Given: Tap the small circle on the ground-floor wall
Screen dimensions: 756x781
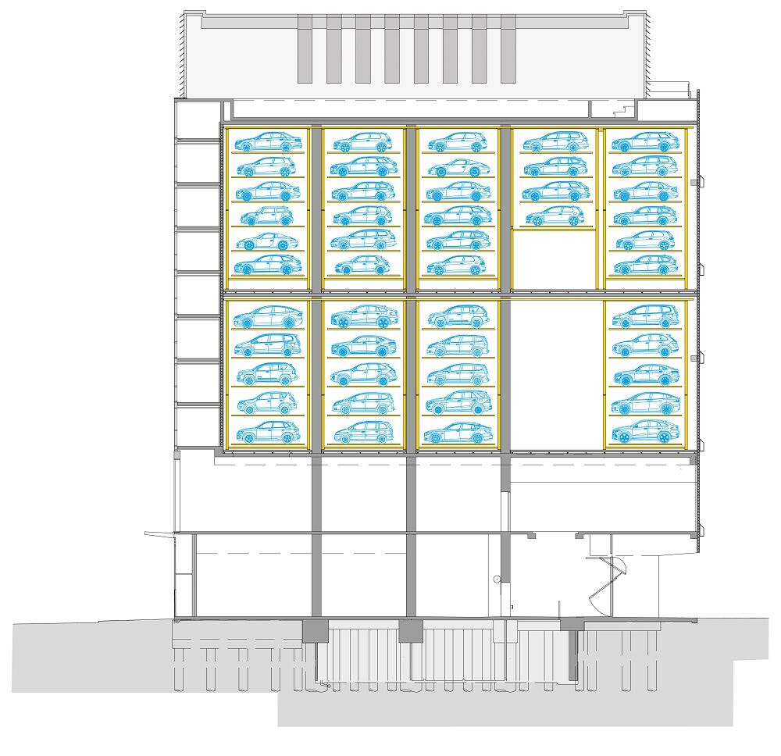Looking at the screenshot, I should [x=496, y=579].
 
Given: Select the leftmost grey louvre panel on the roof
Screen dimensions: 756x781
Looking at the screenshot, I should [x=305, y=48].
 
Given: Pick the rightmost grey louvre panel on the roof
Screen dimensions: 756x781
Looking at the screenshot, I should [x=508, y=48].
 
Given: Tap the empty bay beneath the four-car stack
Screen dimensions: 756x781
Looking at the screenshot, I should [x=555, y=259].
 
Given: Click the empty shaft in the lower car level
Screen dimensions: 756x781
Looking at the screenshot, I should [x=557, y=373].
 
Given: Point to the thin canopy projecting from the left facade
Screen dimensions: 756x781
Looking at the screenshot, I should [x=159, y=533].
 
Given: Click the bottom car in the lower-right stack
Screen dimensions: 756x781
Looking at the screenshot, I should [x=645, y=431].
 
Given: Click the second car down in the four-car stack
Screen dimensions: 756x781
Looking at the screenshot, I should [x=555, y=166].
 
